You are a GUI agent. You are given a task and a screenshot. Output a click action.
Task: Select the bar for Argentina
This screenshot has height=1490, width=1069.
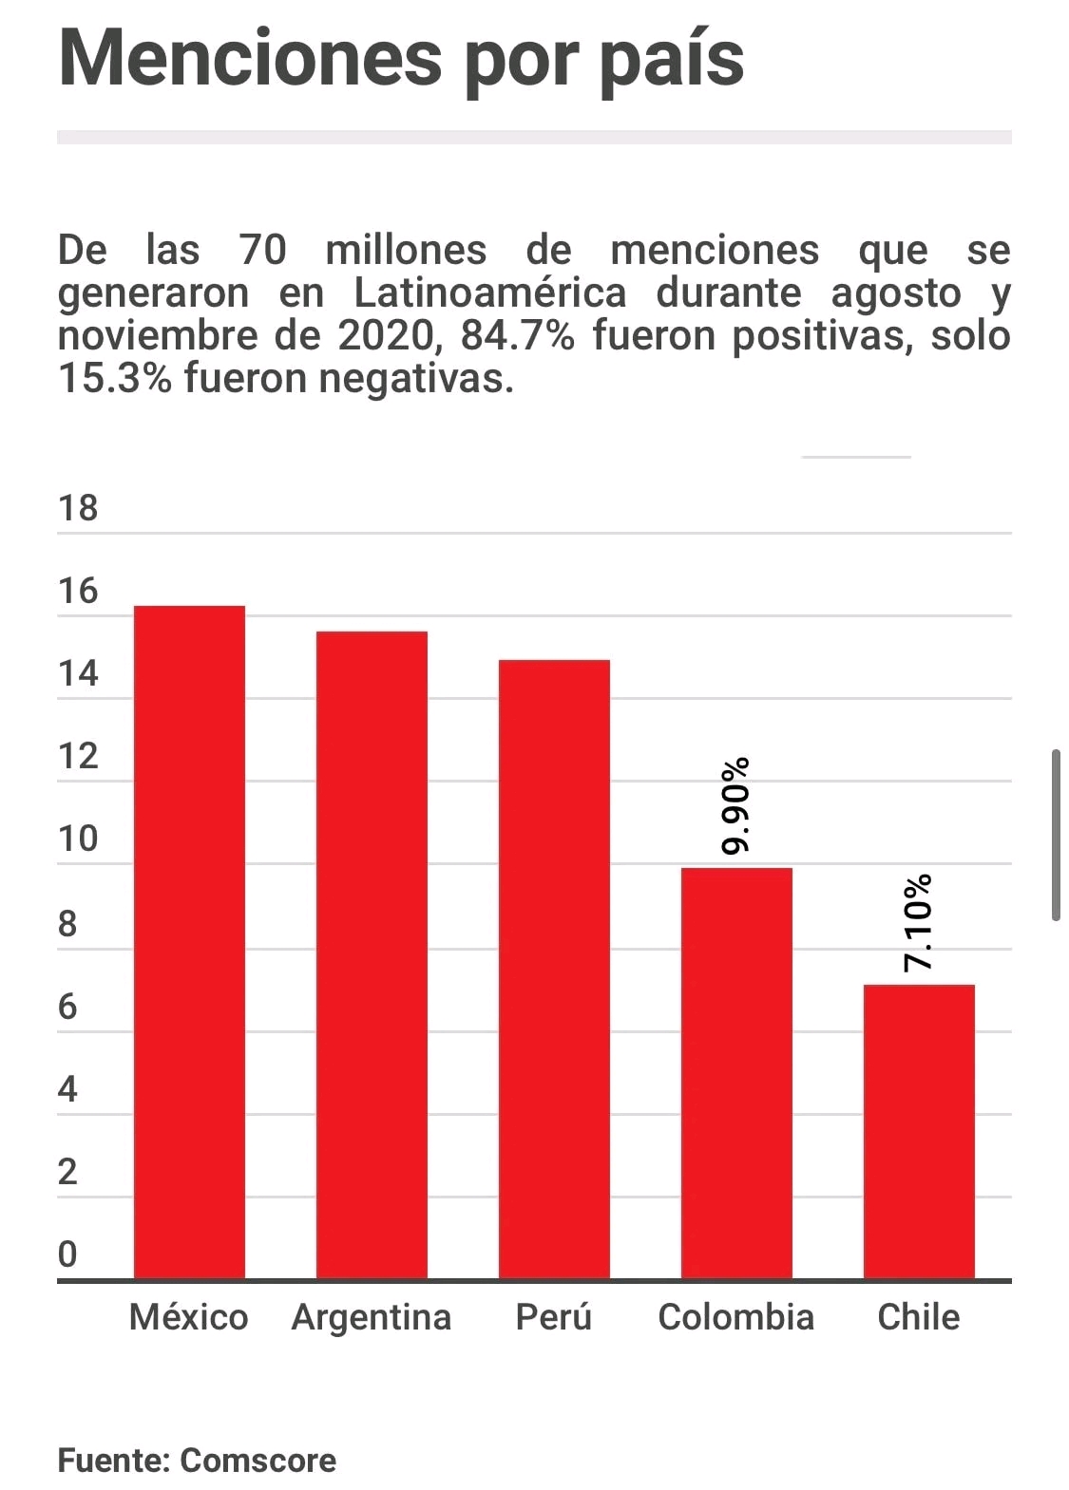pos(372,955)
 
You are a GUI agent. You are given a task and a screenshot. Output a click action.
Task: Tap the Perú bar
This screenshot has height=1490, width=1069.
pos(554,969)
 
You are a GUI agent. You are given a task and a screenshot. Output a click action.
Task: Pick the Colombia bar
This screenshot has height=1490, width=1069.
pos(736,1073)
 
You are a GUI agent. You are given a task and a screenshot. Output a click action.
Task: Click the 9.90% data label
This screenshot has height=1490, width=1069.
pos(735,806)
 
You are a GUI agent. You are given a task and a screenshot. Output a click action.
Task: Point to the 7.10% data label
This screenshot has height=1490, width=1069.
pos(918,923)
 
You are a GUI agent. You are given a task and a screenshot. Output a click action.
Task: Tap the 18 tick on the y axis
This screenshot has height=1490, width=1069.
pos(78,509)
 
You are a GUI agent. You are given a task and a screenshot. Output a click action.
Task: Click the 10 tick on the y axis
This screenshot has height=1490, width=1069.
pos(78,839)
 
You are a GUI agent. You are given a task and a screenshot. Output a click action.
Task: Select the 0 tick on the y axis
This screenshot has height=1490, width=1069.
pos(67,1254)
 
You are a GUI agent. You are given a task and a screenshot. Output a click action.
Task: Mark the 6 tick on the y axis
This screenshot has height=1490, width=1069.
pos(67,1007)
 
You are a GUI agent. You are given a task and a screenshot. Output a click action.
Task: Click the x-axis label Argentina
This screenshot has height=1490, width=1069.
pos(372,1317)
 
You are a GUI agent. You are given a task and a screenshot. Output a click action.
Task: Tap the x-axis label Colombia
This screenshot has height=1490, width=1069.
pos(736,1317)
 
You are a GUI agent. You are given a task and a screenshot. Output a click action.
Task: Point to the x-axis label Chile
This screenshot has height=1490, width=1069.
pos(919,1317)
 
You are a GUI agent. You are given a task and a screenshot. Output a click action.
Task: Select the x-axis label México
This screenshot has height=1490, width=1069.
pos(189,1317)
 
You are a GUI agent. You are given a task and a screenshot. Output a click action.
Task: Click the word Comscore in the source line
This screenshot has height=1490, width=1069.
pos(258,1460)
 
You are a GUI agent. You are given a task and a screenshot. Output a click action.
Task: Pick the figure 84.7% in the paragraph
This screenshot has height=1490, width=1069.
pos(518,336)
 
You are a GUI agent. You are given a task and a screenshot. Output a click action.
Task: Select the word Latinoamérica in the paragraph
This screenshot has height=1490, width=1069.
pos(490,293)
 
